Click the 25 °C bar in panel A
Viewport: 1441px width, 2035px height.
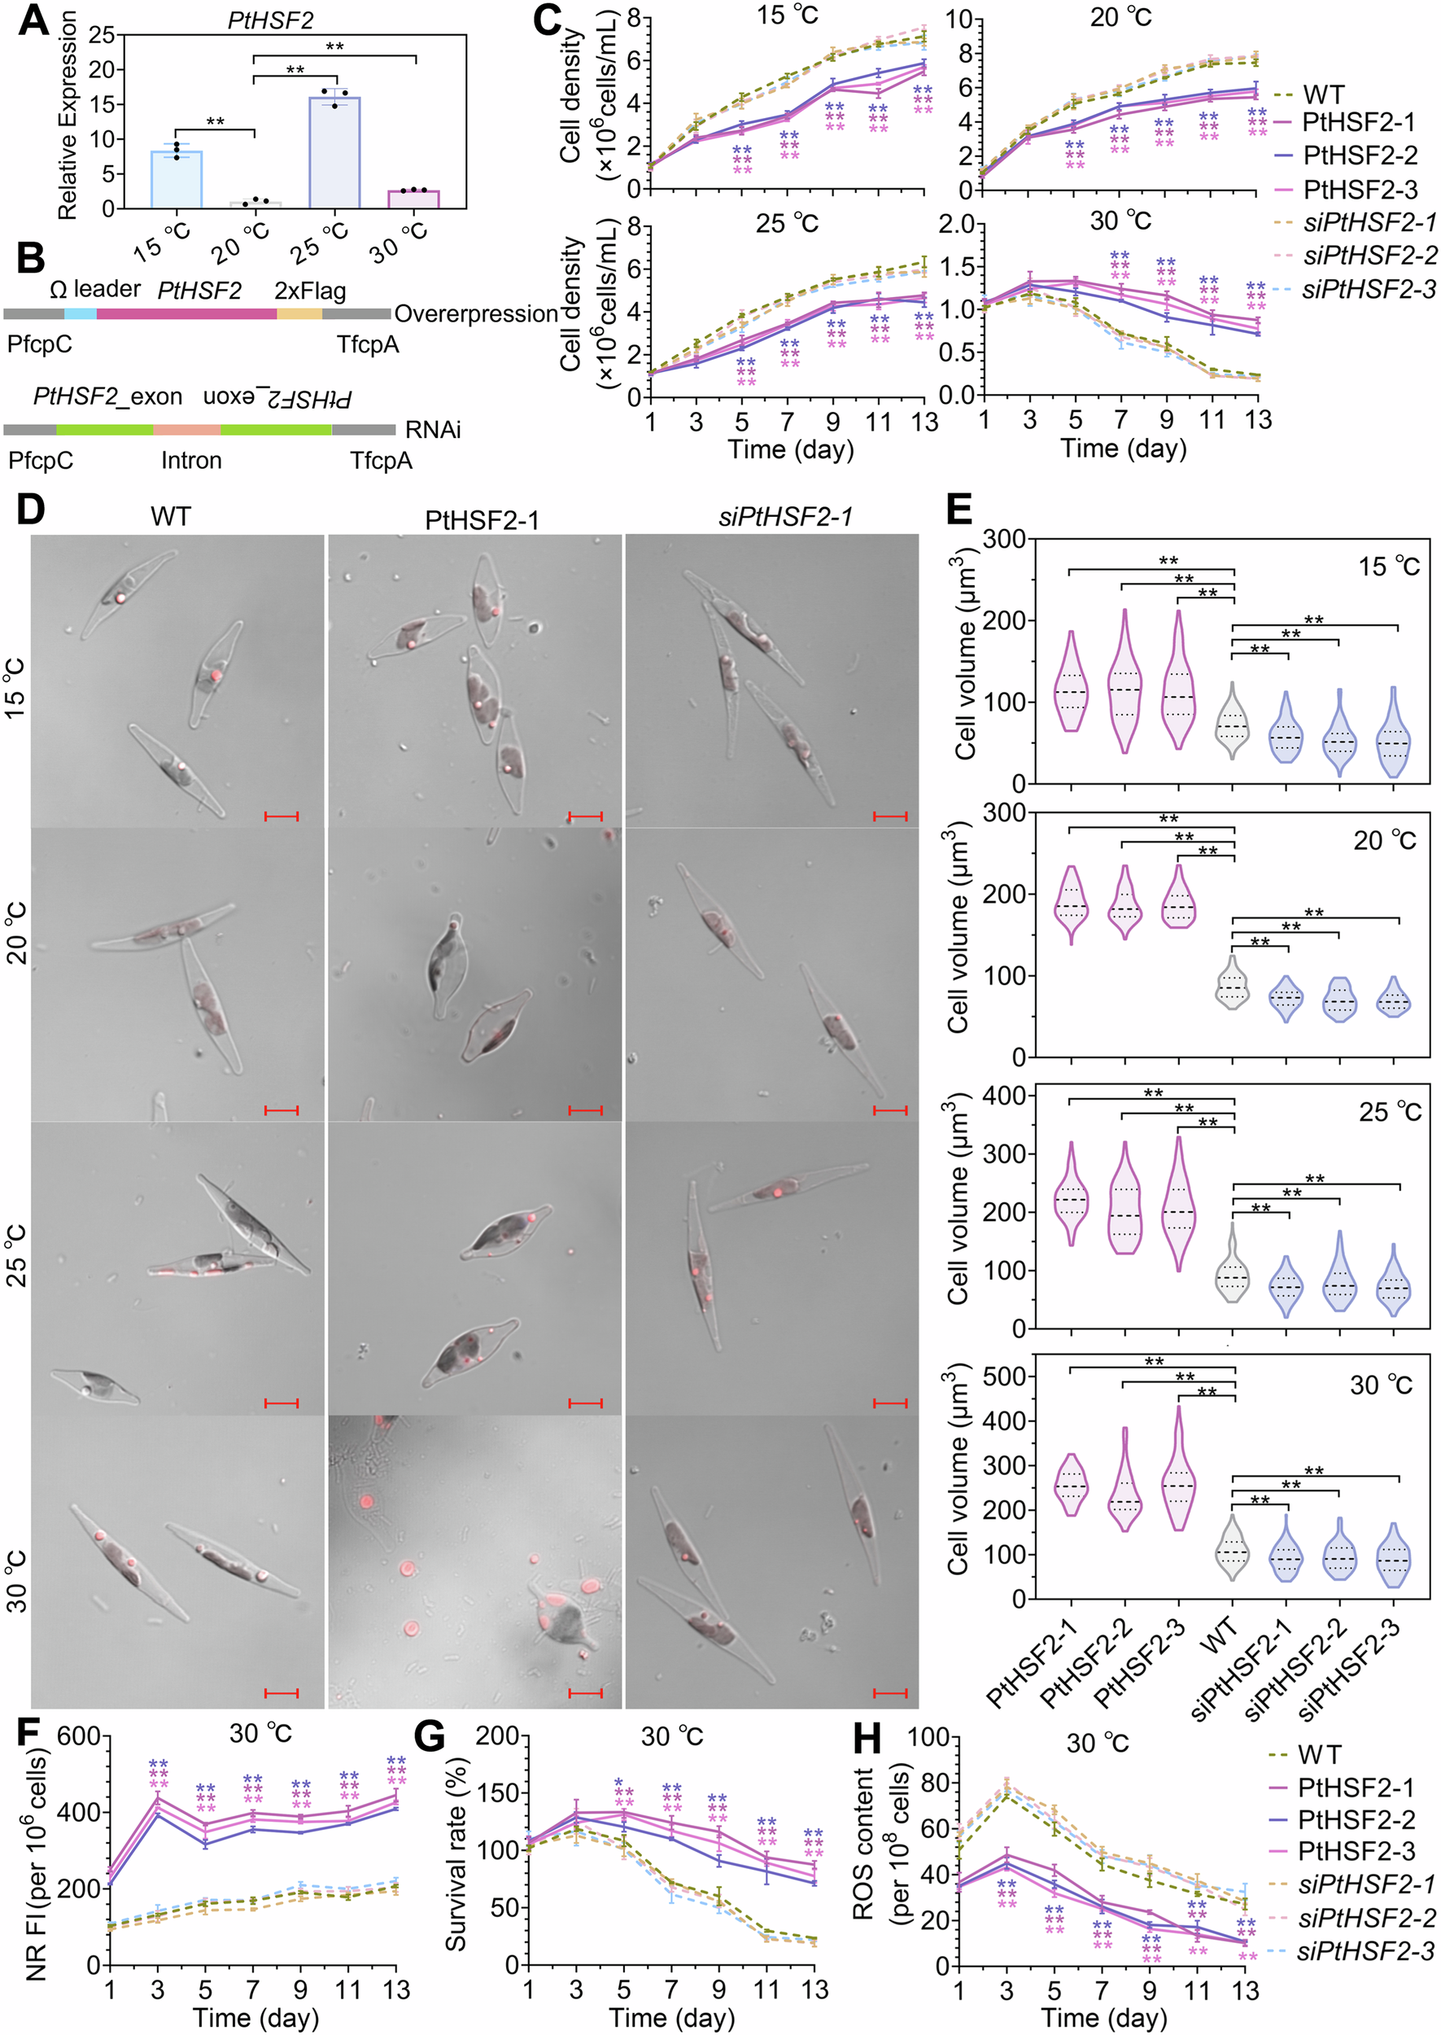(x=334, y=153)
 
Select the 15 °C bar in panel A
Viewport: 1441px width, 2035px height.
(x=177, y=179)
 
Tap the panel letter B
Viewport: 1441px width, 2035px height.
(x=30, y=258)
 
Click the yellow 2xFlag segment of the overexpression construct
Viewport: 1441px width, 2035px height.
(x=299, y=314)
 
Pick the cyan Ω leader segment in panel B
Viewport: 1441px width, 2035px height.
(x=80, y=314)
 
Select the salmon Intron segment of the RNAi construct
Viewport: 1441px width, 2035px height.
(x=186, y=430)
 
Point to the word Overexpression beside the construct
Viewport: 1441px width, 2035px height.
(x=476, y=314)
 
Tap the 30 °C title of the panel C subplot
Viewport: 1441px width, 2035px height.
(x=1120, y=220)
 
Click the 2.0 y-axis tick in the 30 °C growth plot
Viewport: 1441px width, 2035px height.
(x=958, y=225)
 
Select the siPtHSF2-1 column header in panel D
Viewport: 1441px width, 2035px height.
(x=785, y=518)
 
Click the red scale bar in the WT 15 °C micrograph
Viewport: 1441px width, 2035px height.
(x=282, y=816)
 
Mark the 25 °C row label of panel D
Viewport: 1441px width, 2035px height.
(x=16, y=1255)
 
